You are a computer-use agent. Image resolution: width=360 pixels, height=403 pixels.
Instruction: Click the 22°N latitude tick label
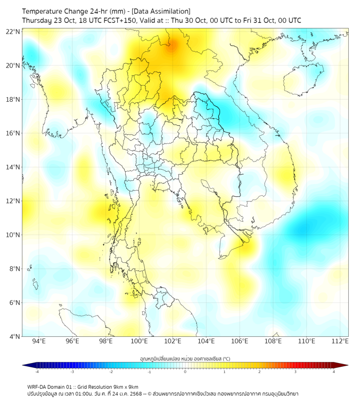[13, 31]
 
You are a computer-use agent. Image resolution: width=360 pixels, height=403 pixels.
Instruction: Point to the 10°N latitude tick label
[13, 235]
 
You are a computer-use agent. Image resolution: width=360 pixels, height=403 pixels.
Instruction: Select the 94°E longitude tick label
[39, 341]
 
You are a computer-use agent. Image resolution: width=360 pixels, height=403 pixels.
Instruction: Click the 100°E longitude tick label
[139, 341]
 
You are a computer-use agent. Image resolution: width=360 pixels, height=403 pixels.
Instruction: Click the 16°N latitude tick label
[13, 133]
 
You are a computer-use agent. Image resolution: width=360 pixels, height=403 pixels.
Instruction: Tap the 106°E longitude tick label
[240, 341]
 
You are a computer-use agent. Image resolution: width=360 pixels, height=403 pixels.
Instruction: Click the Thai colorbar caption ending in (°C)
[185, 358]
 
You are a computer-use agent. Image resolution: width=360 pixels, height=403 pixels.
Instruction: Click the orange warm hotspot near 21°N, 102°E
[171, 47]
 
